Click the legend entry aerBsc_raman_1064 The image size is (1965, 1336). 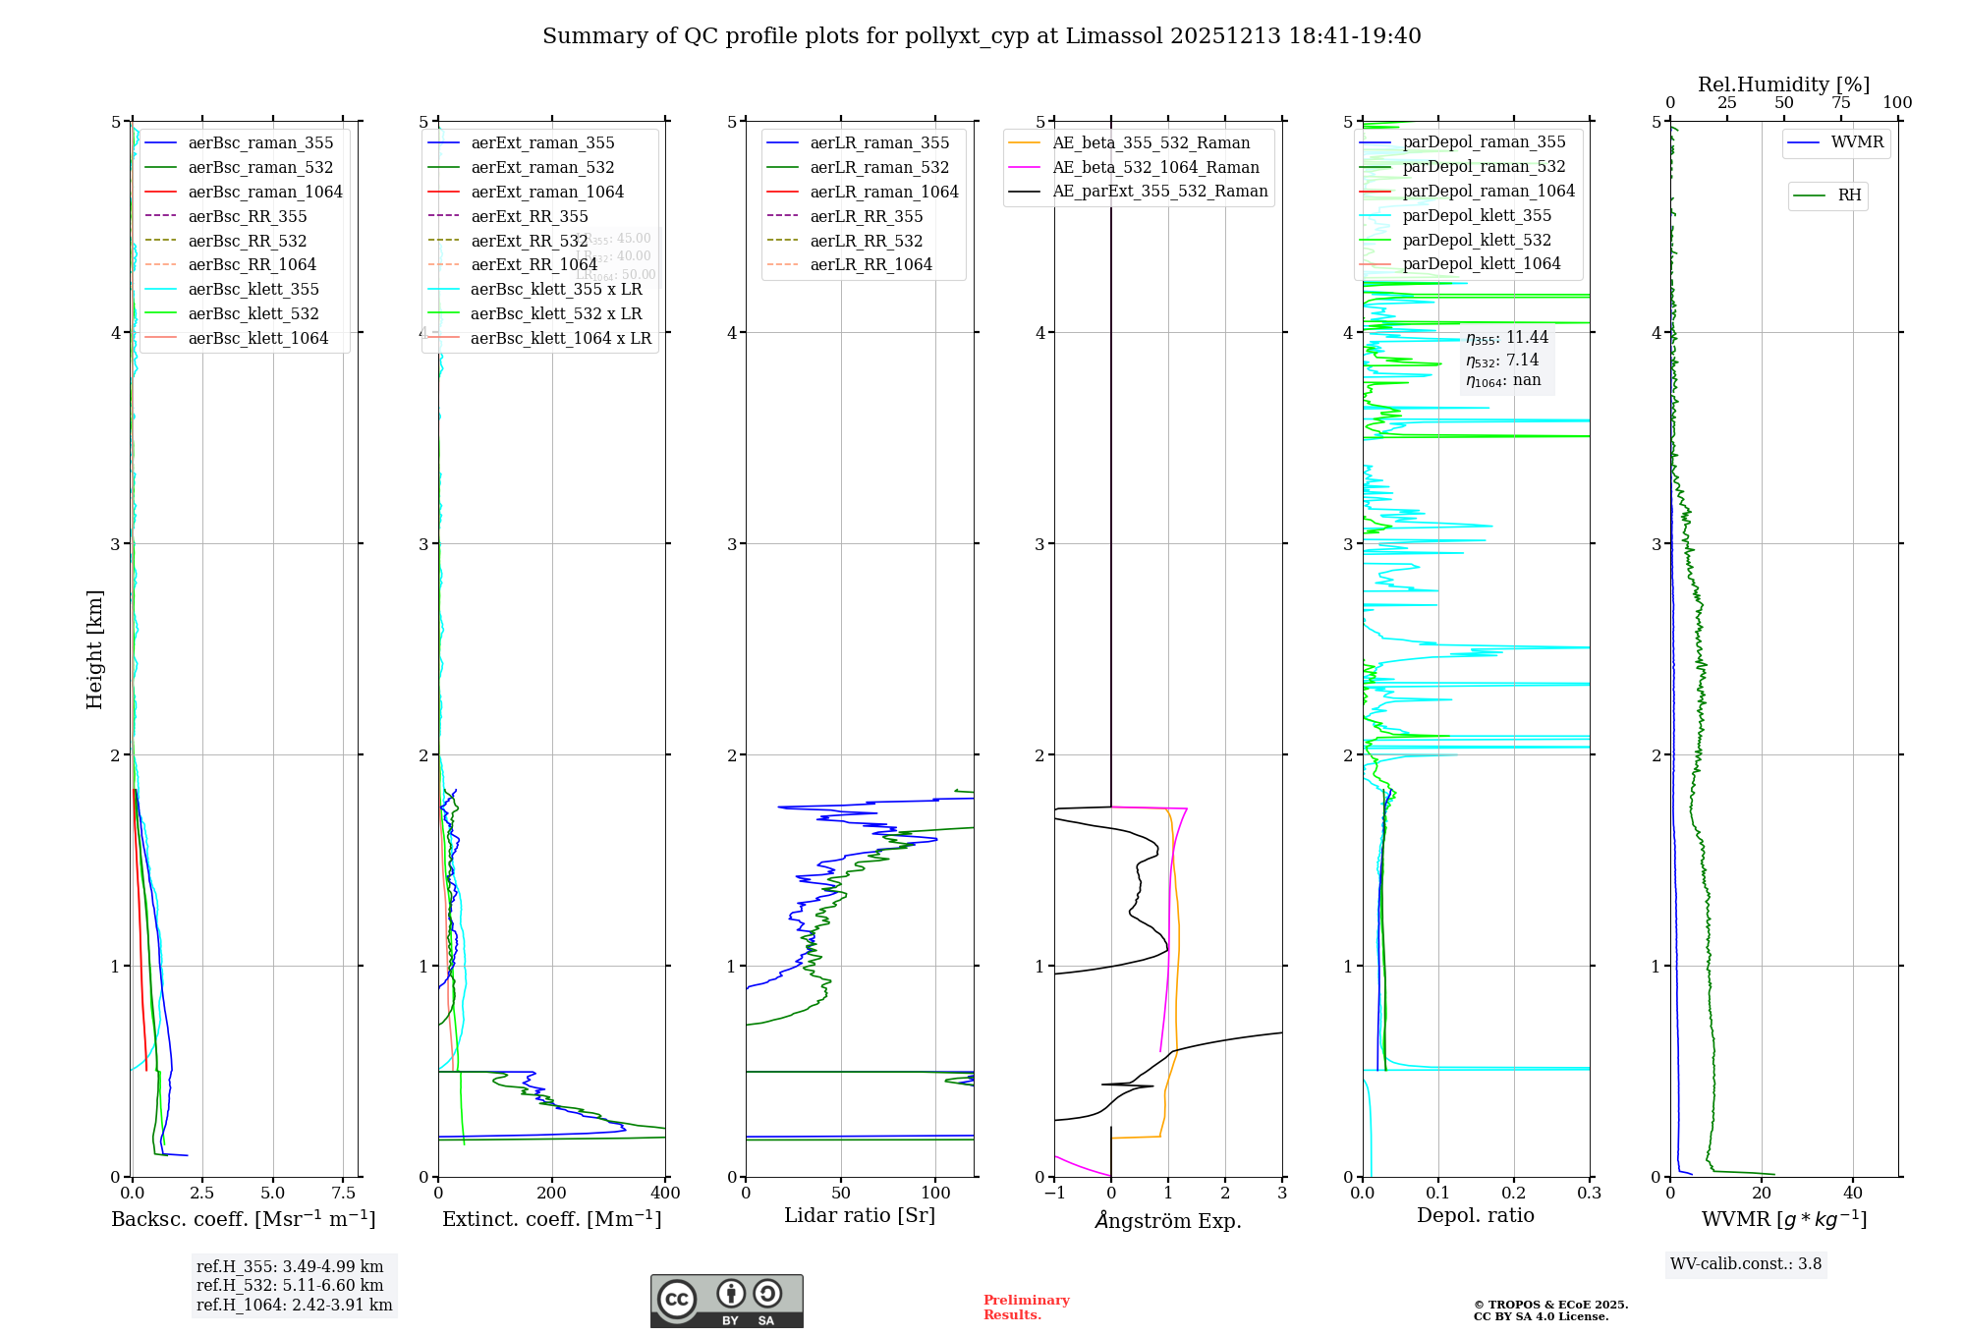(x=264, y=192)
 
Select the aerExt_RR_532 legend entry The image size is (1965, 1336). (x=529, y=241)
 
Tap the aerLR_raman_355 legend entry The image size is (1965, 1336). (x=878, y=142)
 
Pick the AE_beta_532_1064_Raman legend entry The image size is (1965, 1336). (x=1155, y=167)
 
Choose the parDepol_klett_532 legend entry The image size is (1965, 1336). (x=1476, y=240)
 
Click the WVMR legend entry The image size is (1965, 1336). (x=1856, y=142)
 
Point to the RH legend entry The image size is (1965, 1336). (x=1849, y=195)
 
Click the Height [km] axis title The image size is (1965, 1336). (x=94, y=648)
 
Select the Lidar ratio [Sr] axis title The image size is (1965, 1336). (x=860, y=1215)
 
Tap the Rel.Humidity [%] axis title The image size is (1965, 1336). (x=1783, y=84)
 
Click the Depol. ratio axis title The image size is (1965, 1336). (x=1475, y=1215)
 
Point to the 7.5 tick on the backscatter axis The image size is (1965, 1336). (x=344, y=1194)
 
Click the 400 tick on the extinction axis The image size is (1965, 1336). (x=665, y=1194)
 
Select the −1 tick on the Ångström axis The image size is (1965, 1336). (x=1054, y=1194)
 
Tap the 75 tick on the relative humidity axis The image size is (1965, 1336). (x=1840, y=102)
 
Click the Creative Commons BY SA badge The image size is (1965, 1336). (x=726, y=1301)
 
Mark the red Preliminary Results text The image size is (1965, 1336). (x=1026, y=1307)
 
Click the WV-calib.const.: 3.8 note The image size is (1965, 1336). (x=1746, y=1264)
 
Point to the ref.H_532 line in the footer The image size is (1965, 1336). (x=290, y=1286)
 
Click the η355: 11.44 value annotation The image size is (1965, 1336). (x=1507, y=338)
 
